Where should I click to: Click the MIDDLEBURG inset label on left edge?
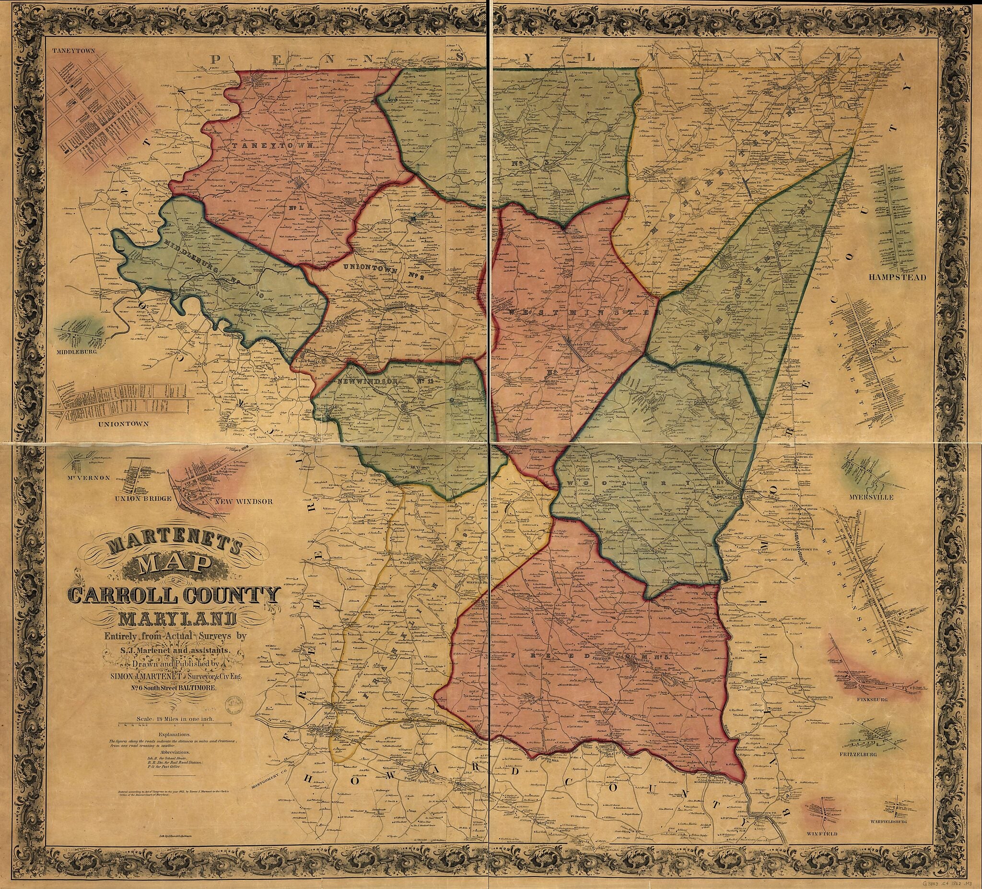pyautogui.click(x=76, y=350)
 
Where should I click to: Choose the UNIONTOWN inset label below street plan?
pyautogui.click(x=123, y=424)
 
